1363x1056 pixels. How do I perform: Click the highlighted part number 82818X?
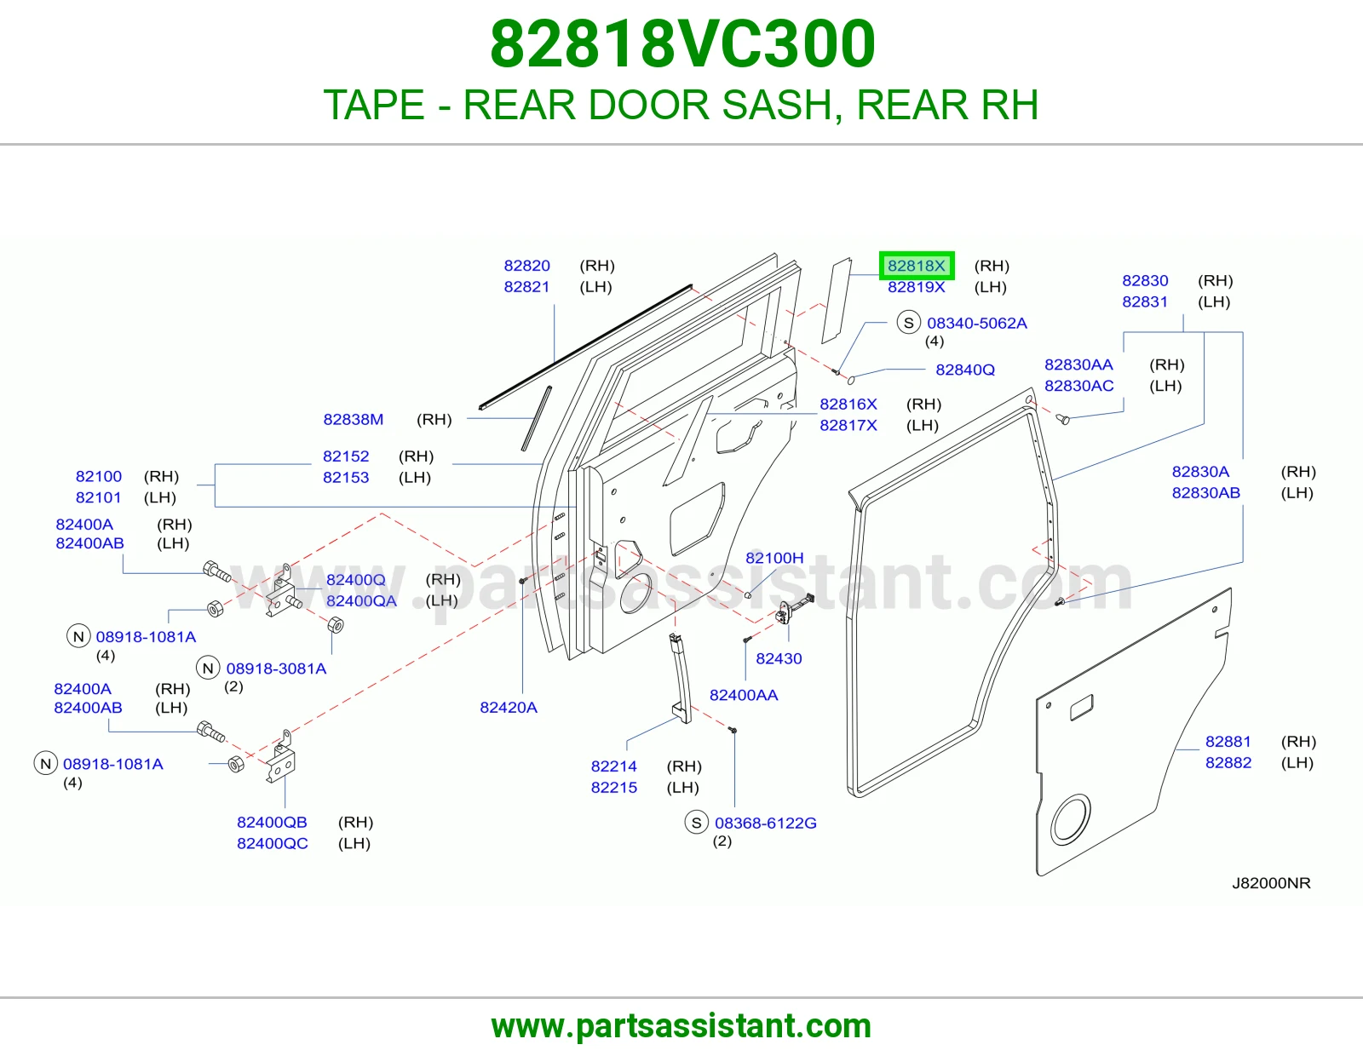(916, 266)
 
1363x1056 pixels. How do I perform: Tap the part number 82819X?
(916, 287)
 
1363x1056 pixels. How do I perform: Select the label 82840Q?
(964, 370)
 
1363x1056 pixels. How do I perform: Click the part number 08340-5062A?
(976, 324)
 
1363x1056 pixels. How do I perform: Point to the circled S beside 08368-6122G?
(696, 823)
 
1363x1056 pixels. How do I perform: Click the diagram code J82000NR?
(1271, 884)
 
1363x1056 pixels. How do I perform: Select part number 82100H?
(774, 558)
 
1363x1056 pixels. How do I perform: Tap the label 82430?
(779, 659)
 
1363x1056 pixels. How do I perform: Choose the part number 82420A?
(508, 708)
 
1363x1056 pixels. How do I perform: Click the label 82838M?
(354, 420)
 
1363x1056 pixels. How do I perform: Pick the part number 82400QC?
(273, 844)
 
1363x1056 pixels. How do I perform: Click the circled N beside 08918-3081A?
(208, 669)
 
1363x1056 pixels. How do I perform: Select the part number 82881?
(1228, 742)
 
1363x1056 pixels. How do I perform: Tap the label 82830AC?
(1078, 387)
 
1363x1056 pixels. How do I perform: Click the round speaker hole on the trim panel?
(1070, 819)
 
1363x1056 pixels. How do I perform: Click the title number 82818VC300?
(682, 43)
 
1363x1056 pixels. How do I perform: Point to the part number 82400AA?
(744, 696)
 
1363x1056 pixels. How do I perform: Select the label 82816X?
(848, 405)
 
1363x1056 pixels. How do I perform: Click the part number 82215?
(613, 789)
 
